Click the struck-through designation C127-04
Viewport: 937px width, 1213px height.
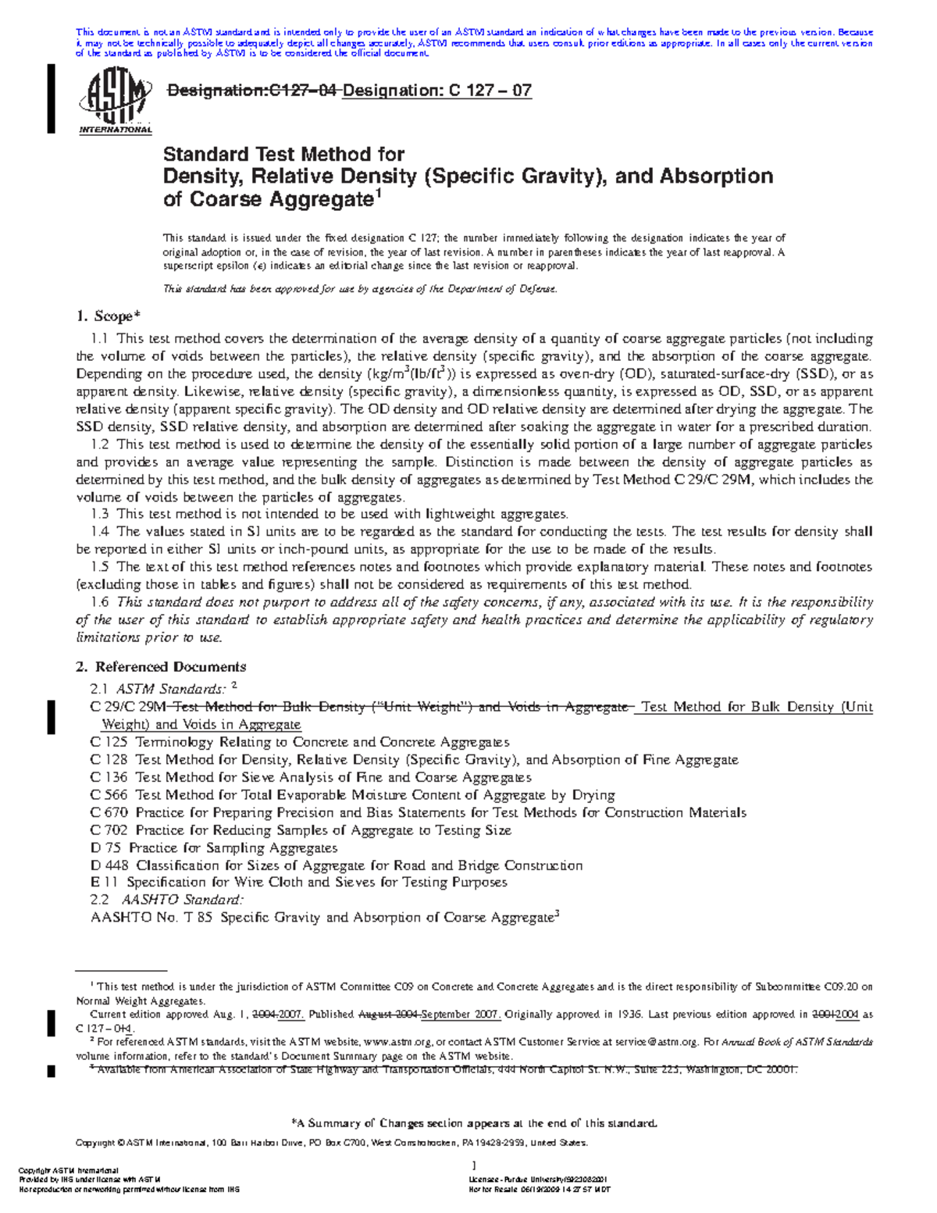tap(252, 91)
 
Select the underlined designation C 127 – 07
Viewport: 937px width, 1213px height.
tap(438, 91)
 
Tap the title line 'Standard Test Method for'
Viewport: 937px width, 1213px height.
tap(283, 154)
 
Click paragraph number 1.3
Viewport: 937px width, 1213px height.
tap(100, 514)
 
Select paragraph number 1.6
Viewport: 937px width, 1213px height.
tap(100, 602)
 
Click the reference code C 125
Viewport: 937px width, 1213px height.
tap(108, 742)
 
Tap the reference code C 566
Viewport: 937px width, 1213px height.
tap(108, 795)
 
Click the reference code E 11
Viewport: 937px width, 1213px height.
tap(105, 883)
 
